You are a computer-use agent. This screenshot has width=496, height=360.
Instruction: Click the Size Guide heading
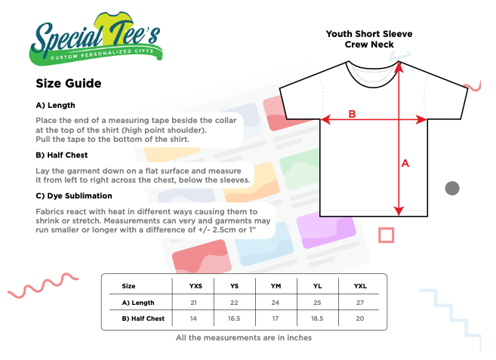click(69, 83)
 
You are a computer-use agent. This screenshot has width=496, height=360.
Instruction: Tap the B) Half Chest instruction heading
click(62, 155)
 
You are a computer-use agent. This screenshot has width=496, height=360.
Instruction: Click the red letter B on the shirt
click(351, 114)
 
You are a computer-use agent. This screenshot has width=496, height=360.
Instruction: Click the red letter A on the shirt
click(405, 163)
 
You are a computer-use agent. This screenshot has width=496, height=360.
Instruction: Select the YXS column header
click(196, 286)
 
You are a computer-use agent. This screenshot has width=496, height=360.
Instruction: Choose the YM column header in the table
click(277, 286)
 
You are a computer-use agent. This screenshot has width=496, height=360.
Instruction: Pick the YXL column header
click(359, 286)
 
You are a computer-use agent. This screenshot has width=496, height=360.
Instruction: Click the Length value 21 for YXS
click(193, 302)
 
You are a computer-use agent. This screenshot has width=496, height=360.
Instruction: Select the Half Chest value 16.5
click(235, 318)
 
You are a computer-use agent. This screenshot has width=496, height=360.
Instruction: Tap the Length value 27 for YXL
click(359, 302)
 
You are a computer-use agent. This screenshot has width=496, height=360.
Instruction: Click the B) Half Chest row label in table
click(143, 318)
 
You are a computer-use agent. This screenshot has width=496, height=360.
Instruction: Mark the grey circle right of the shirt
click(452, 188)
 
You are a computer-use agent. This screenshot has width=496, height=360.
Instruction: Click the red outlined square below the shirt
click(386, 235)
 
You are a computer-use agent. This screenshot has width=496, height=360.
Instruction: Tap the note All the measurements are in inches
click(244, 337)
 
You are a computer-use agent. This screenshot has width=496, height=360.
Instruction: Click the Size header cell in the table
click(128, 286)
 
